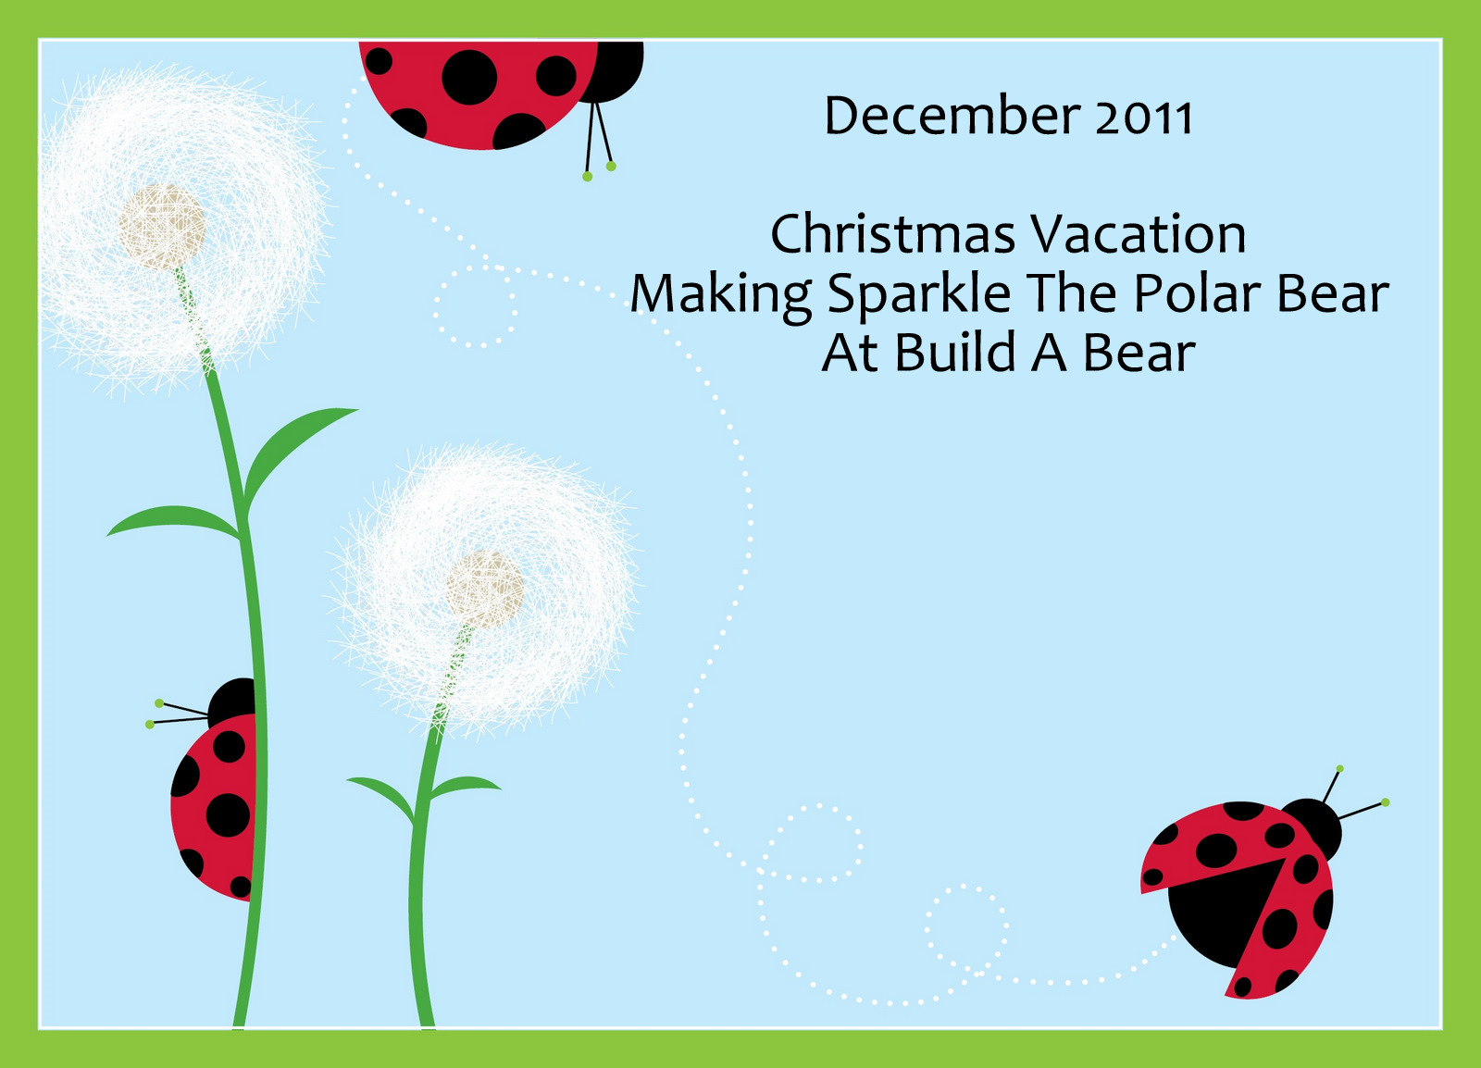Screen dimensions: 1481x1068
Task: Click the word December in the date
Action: coord(952,115)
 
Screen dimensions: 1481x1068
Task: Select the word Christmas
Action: coord(892,234)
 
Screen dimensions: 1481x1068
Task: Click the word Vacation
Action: coord(1138,234)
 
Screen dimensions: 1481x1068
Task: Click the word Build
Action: coord(954,353)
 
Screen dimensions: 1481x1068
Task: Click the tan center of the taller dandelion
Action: coord(162,227)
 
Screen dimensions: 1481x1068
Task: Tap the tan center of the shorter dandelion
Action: coord(484,590)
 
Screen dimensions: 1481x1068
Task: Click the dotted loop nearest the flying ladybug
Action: coord(966,928)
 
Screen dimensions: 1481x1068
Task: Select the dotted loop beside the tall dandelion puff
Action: coord(476,306)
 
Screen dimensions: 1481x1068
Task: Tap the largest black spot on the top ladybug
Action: coord(469,78)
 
